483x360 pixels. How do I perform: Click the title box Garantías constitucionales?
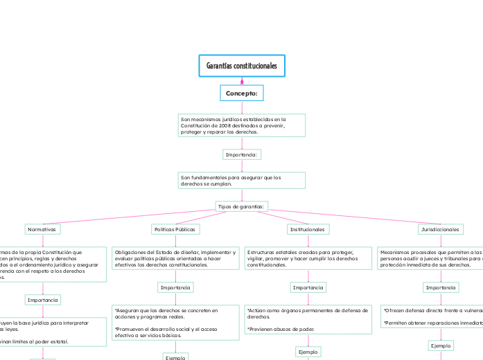[x=241, y=66]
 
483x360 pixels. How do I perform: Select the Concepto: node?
[x=241, y=93]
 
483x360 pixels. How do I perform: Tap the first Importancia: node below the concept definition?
[x=242, y=154]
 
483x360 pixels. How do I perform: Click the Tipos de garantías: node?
[x=241, y=206]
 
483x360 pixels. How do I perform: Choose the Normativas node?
[x=43, y=229]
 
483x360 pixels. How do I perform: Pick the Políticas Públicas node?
[x=175, y=229]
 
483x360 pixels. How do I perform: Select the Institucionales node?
[x=308, y=229]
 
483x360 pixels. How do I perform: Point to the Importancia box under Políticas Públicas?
[x=175, y=287]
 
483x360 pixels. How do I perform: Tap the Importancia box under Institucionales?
[x=308, y=287]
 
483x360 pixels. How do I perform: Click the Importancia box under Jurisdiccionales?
[x=441, y=287]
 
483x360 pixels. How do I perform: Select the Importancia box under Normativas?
[x=43, y=300]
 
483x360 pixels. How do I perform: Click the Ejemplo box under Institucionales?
[x=308, y=333]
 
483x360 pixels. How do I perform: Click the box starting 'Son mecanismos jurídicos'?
[x=241, y=125]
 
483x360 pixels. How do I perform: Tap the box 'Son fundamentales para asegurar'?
[x=241, y=180]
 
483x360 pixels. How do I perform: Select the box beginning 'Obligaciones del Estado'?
[x=175, y=258]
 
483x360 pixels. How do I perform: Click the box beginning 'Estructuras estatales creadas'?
[x=308, y=258]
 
